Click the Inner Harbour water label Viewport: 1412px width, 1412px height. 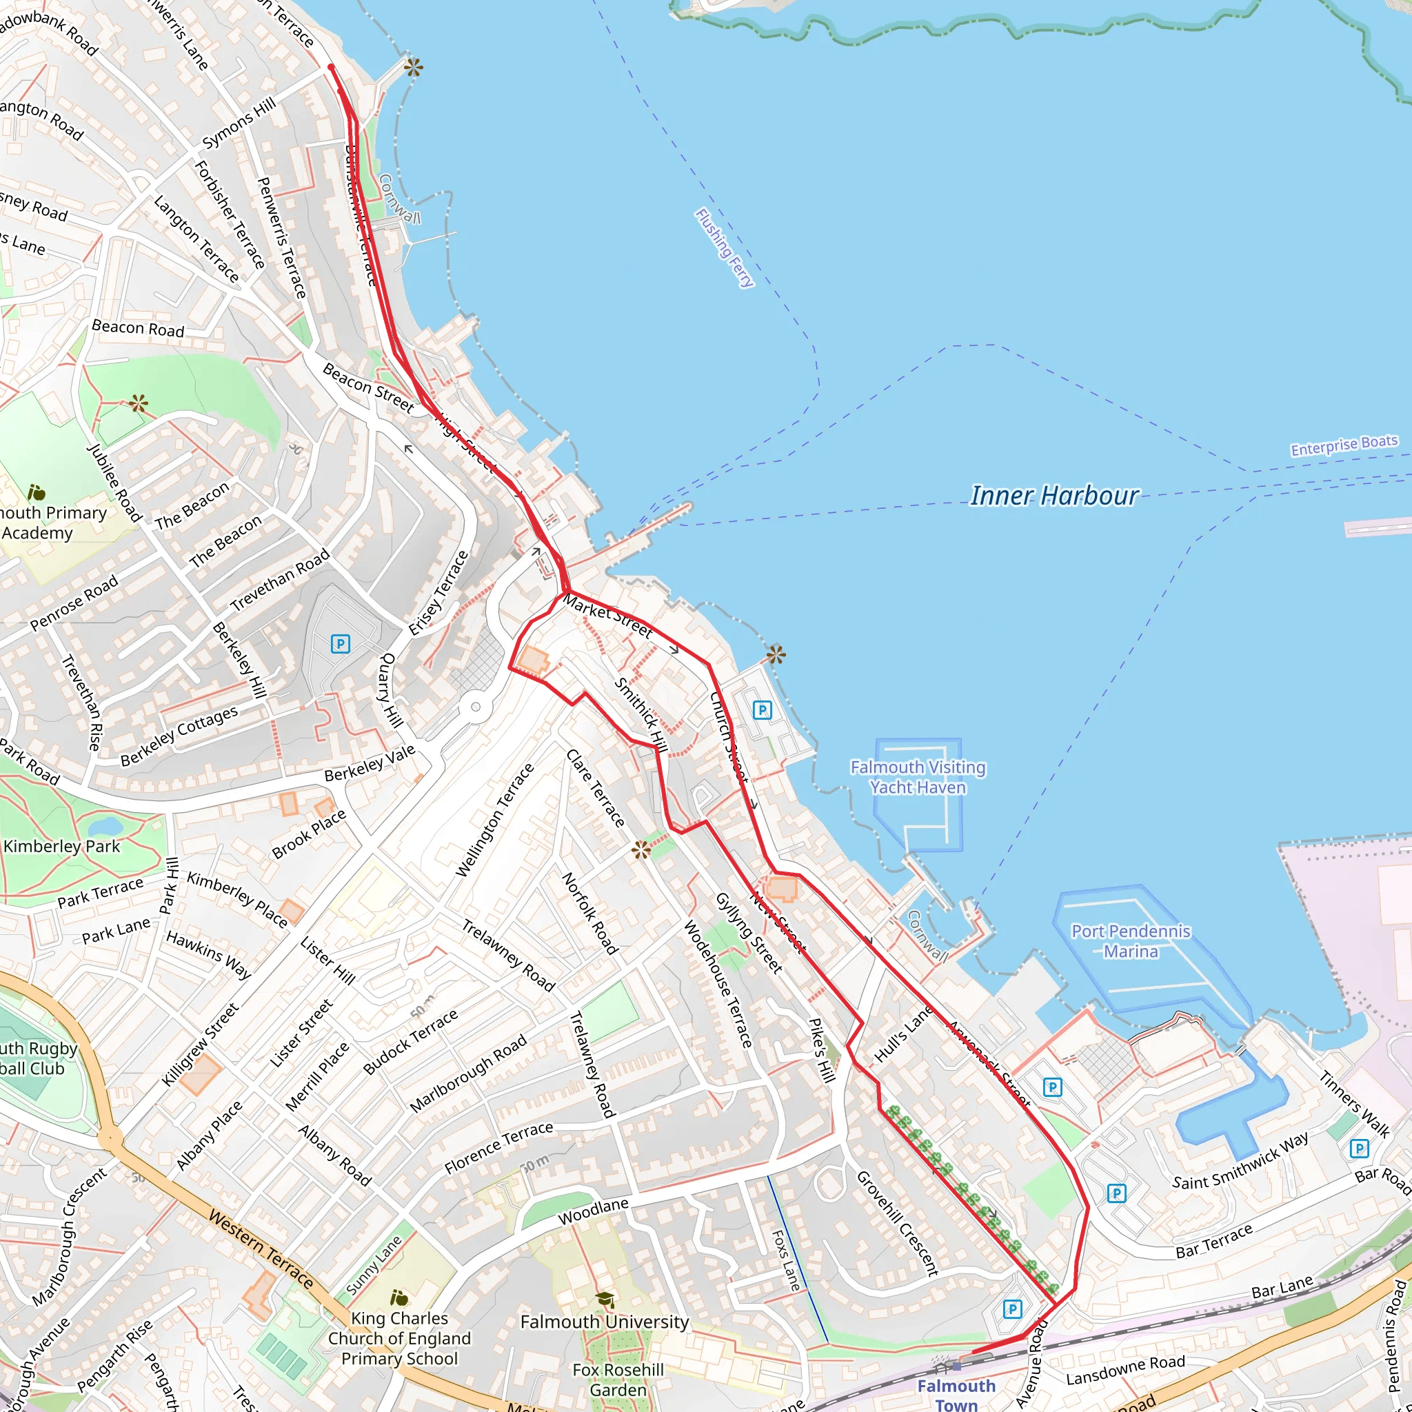pos(1053,496)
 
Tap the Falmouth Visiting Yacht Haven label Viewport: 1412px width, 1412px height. pos(918,777)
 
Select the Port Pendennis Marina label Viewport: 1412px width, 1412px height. pos(1131,941)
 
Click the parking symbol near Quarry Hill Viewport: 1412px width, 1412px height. pos(341,644)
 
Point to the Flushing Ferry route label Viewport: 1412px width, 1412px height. pos(723,248)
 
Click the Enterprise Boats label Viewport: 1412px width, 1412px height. pos(1344,445)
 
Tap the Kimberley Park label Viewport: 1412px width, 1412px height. pos(61,847)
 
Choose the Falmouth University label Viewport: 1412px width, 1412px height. pos(605,1322)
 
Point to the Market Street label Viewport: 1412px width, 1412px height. pos(607,617)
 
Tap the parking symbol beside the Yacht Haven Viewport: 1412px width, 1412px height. pos(763,709)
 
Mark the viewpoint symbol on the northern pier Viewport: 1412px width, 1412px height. pos(414,68)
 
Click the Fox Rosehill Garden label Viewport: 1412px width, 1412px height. pos(618,1379)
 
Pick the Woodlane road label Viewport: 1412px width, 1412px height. pos(593,1212)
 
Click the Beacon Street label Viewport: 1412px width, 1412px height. pos(367,387)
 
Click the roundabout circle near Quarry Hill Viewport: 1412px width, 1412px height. pos(476,707)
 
